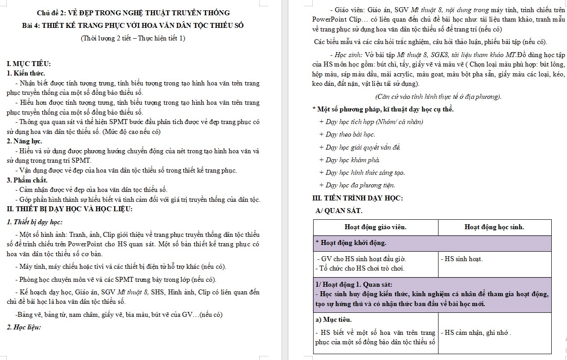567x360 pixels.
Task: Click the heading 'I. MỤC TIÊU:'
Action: coord(29,64)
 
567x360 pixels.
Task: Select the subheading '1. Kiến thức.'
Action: coord(26,73)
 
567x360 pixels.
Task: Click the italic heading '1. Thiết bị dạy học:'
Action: coord(35,222)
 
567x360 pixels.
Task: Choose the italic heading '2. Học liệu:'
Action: coord(24,327)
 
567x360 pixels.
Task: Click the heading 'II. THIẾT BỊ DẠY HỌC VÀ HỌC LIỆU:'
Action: coord(69,209)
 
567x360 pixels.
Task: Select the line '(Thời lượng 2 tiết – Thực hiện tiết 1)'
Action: coord(133,38)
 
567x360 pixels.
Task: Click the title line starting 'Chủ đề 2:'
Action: coord(133,13)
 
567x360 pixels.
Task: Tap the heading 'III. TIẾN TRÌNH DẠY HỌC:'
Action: coord(357,198)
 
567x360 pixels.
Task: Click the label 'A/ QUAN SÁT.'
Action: coord(339,210)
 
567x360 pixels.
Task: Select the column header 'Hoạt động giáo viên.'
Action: coord(375,227)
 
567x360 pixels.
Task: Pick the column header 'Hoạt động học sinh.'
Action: coord(494,227)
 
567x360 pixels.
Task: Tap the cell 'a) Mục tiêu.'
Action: coord(333,320)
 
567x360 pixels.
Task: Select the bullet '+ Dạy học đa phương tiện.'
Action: coord(357,185)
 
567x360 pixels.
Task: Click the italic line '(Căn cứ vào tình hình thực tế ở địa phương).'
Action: coord(438,97)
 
